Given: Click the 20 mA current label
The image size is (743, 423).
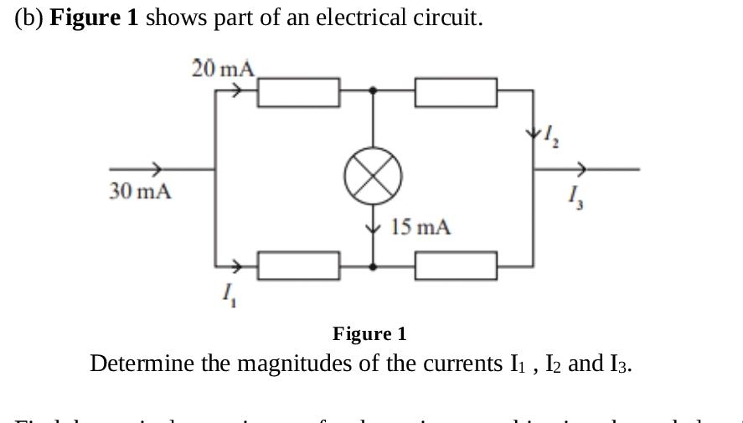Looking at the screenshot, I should [x=222, y=69].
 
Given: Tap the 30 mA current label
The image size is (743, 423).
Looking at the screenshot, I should [x=140, y=192].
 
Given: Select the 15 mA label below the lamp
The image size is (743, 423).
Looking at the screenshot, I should [x=421, y=227].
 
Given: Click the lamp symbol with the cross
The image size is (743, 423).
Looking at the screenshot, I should [x=373, y=177].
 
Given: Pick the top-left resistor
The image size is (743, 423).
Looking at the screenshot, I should [x=298, y=92].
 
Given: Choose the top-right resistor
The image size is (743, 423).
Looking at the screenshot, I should [x=456, y=92].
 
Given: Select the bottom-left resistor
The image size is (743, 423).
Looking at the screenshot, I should [x=298, y=266].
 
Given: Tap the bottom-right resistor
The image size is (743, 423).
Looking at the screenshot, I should [x=456, y=266].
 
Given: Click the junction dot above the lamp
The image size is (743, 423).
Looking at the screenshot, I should [x=373, y=90].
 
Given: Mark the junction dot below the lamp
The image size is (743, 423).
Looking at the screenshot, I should [x=373, y=266].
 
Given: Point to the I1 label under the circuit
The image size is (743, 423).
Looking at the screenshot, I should [x=228, y=294].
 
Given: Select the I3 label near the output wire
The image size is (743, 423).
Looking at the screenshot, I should [x=575, y=198].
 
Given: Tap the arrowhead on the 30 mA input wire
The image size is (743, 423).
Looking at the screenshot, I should [x=156, y=168].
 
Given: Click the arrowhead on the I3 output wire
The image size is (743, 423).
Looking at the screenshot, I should [x=581, y=168].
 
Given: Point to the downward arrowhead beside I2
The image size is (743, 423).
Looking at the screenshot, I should [x=533, y=132].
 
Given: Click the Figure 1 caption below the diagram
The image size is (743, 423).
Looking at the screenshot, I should [x=369, y=333].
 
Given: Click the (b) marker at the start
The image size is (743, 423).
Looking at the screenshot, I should [x=29, y=18].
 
